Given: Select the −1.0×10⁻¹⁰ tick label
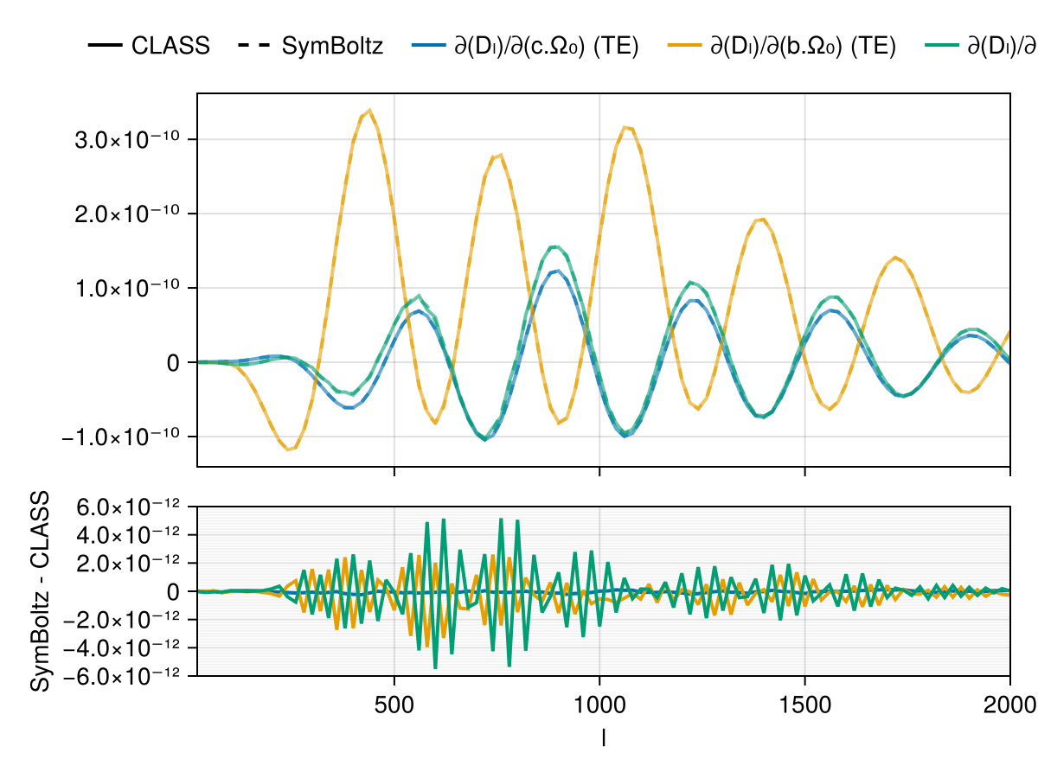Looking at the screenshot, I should [122, 437].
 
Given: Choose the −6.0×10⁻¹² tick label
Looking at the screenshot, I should [122, 675].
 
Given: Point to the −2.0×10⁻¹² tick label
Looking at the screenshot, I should [122, 619].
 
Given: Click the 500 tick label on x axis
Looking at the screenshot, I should [394, 702].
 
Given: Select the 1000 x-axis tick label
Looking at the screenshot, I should [599, 702].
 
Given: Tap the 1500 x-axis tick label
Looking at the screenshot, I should [805, 702].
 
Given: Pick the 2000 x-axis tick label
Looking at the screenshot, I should [1009, 702].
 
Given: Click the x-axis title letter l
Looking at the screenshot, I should [603, 737].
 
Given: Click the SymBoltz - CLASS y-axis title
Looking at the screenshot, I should [40, 591].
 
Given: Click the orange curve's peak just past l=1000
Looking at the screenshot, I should [625, 127].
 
